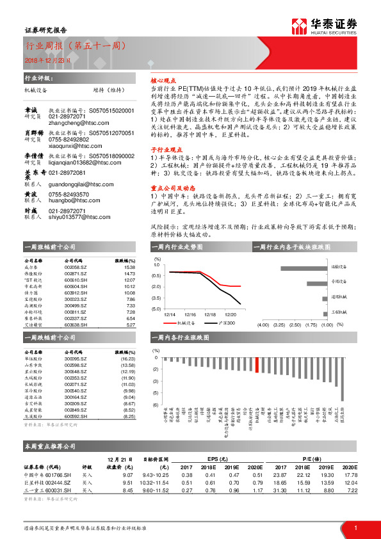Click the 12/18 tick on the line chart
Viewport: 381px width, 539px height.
click(210, 314)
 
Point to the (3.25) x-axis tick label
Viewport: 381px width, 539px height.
click(279, 325)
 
